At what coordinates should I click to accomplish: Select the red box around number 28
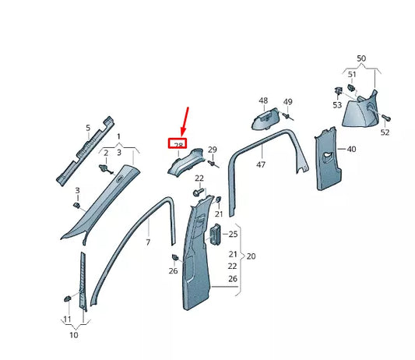(x=178, y=144)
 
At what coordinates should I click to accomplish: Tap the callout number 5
(x=88, y=127)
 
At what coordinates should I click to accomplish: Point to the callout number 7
(x=148, y=243)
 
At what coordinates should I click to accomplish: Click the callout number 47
(x=261, y=164)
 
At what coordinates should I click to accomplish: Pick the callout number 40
(x=351, y=149)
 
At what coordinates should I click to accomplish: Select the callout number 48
(x=262, y=101)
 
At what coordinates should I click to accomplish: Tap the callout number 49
(x=287, y=102)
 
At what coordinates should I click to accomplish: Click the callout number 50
(x=360, y=59)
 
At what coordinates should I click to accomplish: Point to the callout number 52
(x=385, y=132)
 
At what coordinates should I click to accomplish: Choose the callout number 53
(x=337, y=104)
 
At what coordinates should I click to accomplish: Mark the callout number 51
(x=352, y=75)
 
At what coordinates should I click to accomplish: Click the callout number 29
(x=212, y=149)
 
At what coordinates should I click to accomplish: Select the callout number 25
(x=233, y=235)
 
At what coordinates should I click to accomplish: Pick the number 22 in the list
(x=233, y=266)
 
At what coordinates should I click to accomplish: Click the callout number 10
(x=73, y=336)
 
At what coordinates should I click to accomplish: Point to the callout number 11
(x=67, y=319)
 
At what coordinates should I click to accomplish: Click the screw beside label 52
(x=386, y=118)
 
